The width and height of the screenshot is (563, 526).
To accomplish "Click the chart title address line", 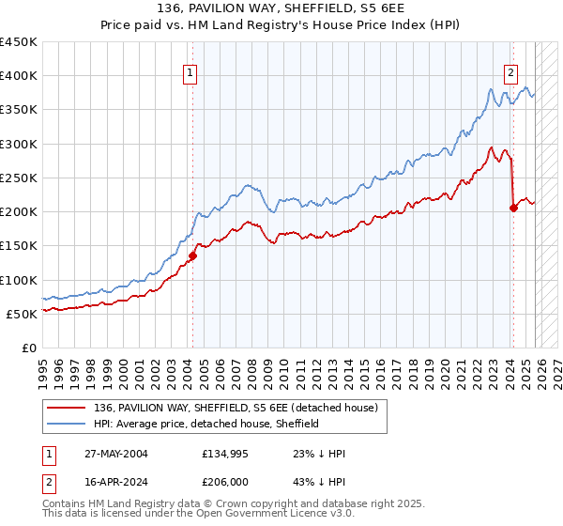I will pos(281,8).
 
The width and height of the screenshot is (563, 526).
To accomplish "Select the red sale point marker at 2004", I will pos(192,255).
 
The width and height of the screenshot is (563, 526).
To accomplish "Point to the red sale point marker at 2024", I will pos(513,208).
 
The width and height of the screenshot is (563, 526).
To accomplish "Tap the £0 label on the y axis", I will pos(28,348).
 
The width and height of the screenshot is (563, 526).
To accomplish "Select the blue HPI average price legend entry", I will pos(206,424).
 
